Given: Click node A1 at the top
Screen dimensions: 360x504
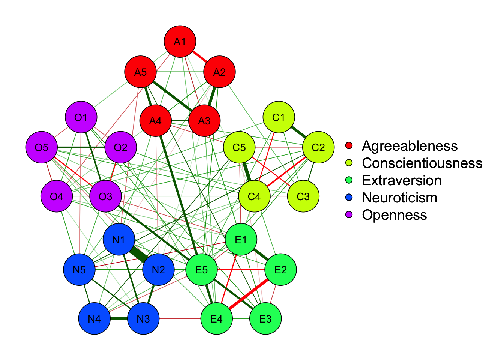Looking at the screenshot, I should coord(180,42).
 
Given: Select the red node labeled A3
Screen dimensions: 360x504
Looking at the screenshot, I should coord(204,121).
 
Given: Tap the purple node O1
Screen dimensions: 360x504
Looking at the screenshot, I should coord(81,117).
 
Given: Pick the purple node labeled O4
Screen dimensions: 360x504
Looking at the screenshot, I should coord(57,196).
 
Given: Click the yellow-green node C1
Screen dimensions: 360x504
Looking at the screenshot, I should coord(279,117).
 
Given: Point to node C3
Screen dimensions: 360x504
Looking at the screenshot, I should coord(303,196).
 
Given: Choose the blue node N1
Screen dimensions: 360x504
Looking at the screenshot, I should coord(118,240).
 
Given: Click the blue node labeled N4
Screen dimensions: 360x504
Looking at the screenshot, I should coord(94,319).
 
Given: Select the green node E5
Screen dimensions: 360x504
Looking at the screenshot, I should coord(202,269).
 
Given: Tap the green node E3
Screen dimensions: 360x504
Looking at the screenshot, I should coord(265,319).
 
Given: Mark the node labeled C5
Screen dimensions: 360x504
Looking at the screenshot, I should coord(239,147).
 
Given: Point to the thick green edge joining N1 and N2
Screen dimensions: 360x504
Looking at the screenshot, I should coord(138,255).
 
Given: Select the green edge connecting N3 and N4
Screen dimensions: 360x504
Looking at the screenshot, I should coord(119,319).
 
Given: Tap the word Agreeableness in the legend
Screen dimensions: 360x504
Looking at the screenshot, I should coord(409,146).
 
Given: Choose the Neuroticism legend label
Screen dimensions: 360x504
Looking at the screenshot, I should coord(399,198).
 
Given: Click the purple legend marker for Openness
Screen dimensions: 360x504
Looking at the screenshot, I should coord(349,215).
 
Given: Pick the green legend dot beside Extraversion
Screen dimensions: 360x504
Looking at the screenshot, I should coord(349,180).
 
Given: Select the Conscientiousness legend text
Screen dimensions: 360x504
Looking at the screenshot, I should coord(422,163).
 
